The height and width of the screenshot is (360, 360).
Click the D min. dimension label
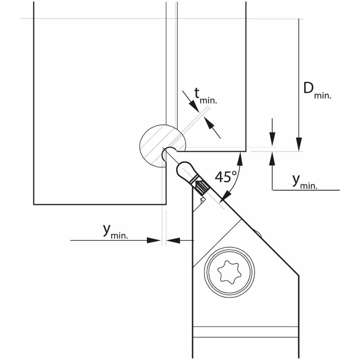tap(317, 91)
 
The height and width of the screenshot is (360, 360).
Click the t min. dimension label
tap(205, 96)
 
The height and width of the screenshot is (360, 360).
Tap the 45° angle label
tap(226, 176)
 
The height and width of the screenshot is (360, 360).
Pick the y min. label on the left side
tap(115, 231)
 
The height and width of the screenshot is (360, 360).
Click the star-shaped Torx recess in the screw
tap(229, 271)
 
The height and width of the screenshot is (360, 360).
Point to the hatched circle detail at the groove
tap(163, 146)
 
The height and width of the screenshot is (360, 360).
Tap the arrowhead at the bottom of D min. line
tap(299, 144)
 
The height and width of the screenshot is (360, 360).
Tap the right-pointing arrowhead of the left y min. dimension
tap(154, 240)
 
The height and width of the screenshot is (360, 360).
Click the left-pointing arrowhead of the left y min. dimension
tap(173, 240)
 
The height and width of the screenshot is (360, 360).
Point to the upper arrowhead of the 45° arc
tap(240, 159)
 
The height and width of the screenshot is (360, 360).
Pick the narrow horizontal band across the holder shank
tap(246, 332)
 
